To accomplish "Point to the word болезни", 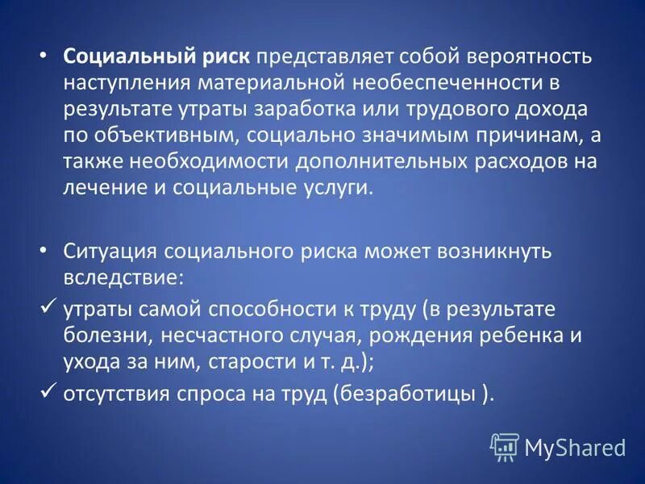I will point(98,336).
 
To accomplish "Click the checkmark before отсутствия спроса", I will point(48,393).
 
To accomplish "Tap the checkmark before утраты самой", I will point(48,308).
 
